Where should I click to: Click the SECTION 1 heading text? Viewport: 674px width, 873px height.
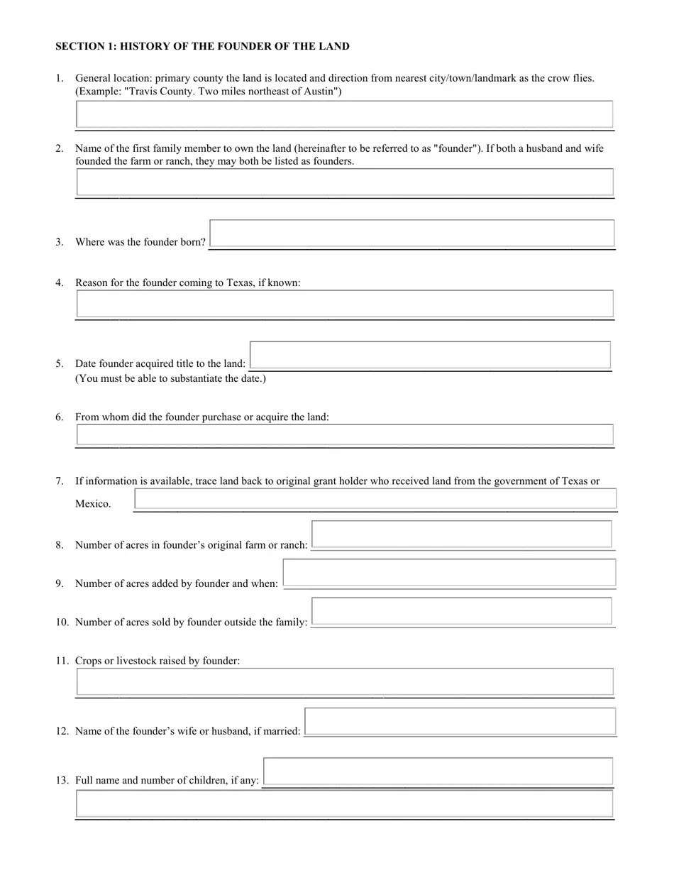click(202, 47)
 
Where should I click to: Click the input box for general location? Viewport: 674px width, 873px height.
click(344, 114)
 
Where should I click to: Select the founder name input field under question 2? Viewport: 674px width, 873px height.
click(344, 182)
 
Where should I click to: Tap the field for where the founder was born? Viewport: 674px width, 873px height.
click(412, 234)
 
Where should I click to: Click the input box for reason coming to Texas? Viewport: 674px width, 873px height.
click(344, 304)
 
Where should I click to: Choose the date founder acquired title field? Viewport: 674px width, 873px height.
click(431, 355)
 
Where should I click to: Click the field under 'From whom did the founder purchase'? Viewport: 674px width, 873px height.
click(344, 434)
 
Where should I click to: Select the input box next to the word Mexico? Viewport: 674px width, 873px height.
click(375, 498)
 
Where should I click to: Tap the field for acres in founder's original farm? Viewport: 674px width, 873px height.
click(462, 534)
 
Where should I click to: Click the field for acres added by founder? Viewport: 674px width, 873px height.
click(449, 573)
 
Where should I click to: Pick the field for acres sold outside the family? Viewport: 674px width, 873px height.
click(462, 611)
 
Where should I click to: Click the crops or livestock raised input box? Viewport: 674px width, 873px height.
click(344, 681)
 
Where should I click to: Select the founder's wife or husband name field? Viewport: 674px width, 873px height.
click(460, 721)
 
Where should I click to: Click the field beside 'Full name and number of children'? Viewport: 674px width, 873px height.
click(438, 772)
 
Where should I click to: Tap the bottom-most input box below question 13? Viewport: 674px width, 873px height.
click(344, 804)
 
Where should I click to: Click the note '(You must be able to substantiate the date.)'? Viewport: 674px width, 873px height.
click(170, 378)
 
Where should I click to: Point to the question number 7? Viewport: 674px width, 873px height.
click(60, 481)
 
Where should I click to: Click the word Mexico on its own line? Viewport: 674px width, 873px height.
click(93, 504)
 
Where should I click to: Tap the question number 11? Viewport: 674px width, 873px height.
click(62, 661)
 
